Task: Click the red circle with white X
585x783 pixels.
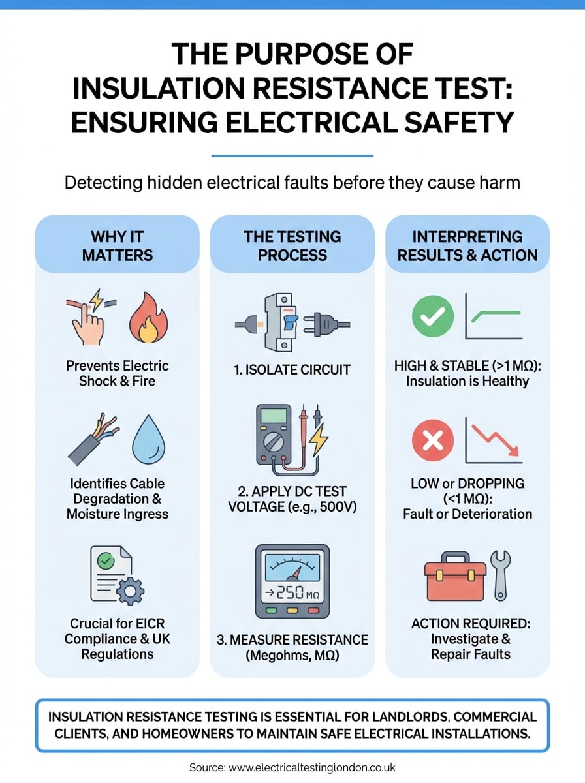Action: [432, 442]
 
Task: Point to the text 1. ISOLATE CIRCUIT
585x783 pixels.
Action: [292, 370]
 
